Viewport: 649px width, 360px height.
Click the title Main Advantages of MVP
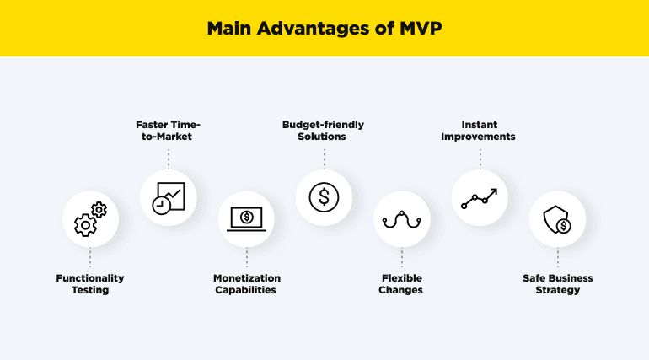324,29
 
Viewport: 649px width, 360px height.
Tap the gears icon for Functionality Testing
90,219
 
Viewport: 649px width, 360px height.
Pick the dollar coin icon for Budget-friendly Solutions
324,197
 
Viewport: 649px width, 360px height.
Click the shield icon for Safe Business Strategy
557,219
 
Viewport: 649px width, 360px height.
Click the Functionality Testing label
90,284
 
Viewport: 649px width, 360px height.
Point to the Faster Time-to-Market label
168,130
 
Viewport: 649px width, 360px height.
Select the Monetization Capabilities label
246,284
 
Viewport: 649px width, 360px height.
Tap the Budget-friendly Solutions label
324,130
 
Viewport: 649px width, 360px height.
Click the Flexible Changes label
401,284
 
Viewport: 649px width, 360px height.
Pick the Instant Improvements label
480,130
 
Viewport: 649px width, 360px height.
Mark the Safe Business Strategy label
557,284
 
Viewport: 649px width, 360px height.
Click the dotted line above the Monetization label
246,258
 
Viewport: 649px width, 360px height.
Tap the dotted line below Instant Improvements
480,159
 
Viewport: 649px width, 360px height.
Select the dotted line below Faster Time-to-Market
168,159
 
